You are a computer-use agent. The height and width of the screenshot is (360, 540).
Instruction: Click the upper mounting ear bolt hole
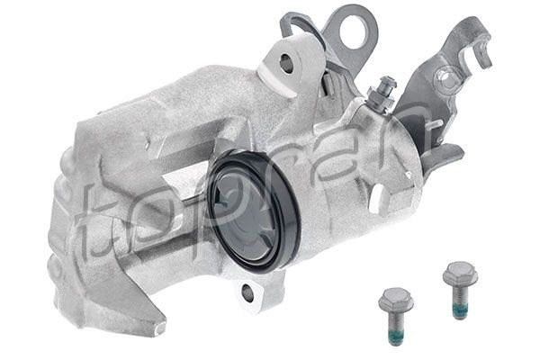[x=285, y=63]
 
